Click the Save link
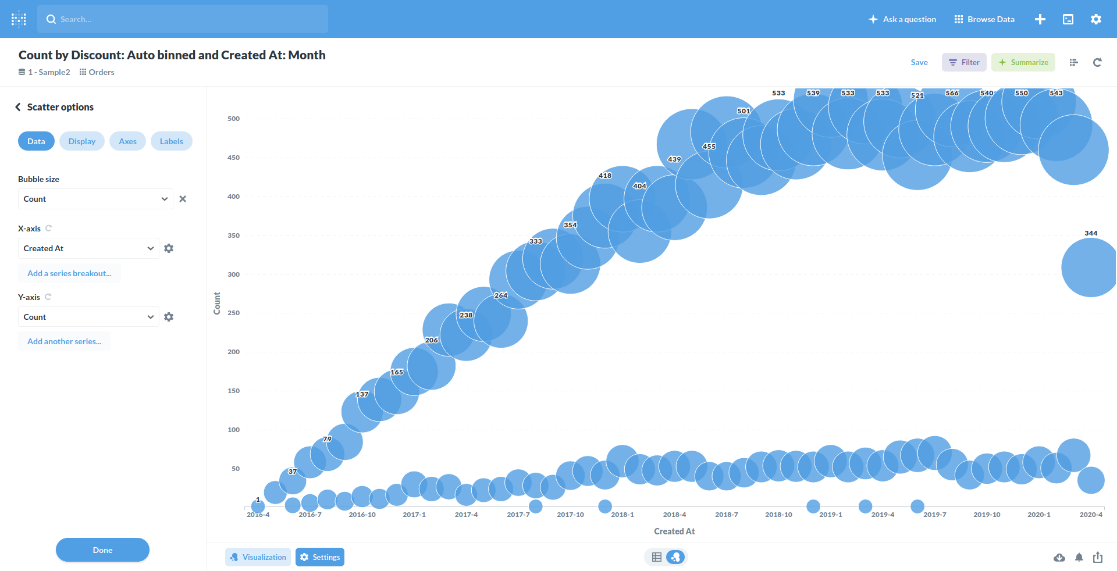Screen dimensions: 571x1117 919,62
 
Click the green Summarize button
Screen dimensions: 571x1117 1023,62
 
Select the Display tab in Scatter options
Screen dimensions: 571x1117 81,141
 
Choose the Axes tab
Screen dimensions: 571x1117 127,141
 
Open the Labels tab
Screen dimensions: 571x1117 171,141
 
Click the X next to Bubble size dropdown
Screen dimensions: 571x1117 183,199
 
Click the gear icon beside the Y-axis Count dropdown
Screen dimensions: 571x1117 169,317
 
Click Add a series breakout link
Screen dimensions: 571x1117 69,273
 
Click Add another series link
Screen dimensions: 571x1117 64,341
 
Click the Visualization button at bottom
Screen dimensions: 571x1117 258,557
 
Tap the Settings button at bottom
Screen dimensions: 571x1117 320,557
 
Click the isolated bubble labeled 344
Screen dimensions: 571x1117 1089,267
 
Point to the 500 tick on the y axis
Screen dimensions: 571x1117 233,119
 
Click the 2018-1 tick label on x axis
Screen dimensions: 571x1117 622,515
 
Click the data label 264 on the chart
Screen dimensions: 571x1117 500,295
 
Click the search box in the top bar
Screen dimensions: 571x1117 183,19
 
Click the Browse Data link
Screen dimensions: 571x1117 984,19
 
